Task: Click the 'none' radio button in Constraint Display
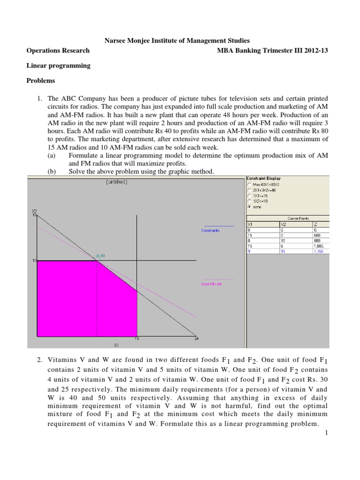pos(249,206)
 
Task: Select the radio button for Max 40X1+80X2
pos(249,184)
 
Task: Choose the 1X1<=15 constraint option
pos(249,195)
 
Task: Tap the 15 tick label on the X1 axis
pos(137,339)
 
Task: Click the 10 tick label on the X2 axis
pos(34,260)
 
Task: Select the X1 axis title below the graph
pos(116,345)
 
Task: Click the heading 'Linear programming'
pos(58,66)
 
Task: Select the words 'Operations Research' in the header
pos(58,51)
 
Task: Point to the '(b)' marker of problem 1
pos(52,172)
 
